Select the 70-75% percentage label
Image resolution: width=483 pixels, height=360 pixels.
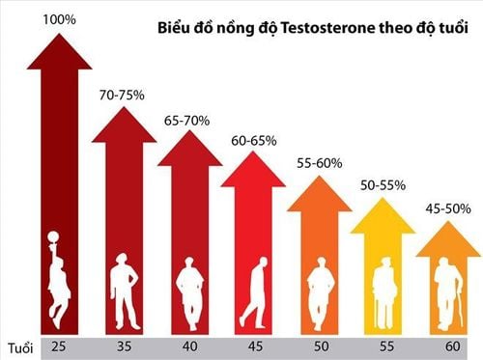coord(121,95)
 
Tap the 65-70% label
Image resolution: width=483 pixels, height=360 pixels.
coord(185,122)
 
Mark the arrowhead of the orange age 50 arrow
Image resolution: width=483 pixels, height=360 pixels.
coord(320,193)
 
